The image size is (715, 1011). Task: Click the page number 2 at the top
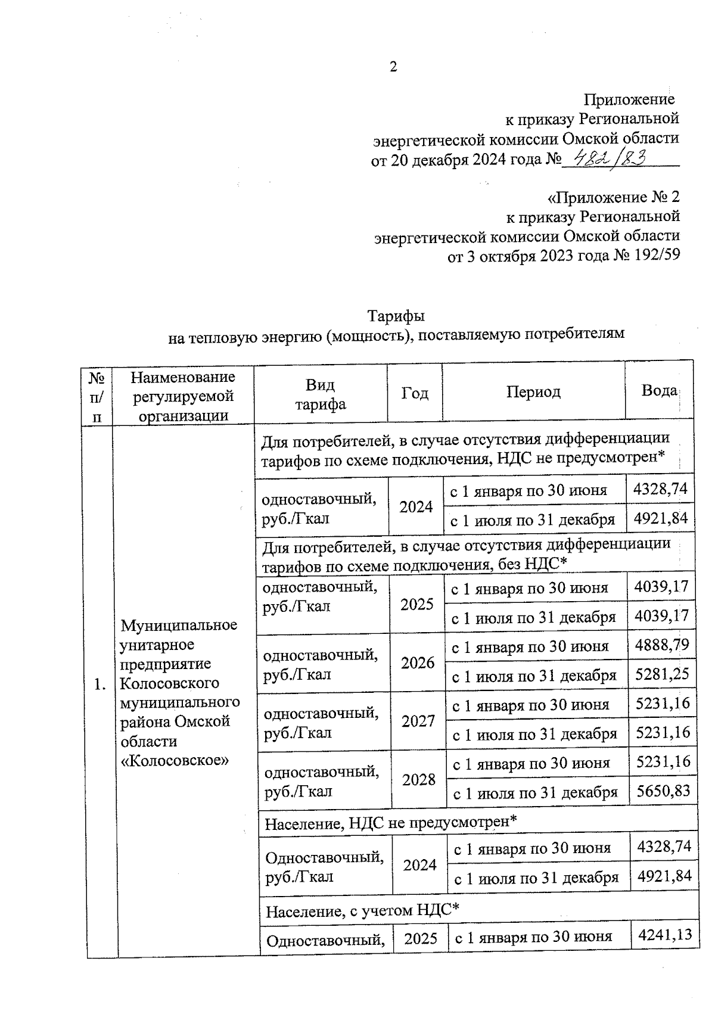point(393,67)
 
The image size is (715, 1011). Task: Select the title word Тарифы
point(396,315)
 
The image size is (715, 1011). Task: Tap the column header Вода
point(658,391)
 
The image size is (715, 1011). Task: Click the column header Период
point(533,391)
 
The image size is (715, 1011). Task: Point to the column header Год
point(415,393)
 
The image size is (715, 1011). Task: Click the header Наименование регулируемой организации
point(183,396)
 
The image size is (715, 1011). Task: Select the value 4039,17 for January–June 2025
point(661,587)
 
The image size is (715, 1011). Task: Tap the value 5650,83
point(663,791)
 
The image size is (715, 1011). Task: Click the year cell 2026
point(418,662)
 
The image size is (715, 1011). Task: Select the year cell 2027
point(418,721)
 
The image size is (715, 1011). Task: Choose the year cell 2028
point(419,779)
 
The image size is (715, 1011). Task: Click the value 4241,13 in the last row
point(664,934)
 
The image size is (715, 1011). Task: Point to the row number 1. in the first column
point(100,685)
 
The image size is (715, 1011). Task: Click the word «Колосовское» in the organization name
point(175,761)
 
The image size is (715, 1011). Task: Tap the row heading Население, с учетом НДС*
point(362,910)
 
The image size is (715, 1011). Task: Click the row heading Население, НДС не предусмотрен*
point(390,823)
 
